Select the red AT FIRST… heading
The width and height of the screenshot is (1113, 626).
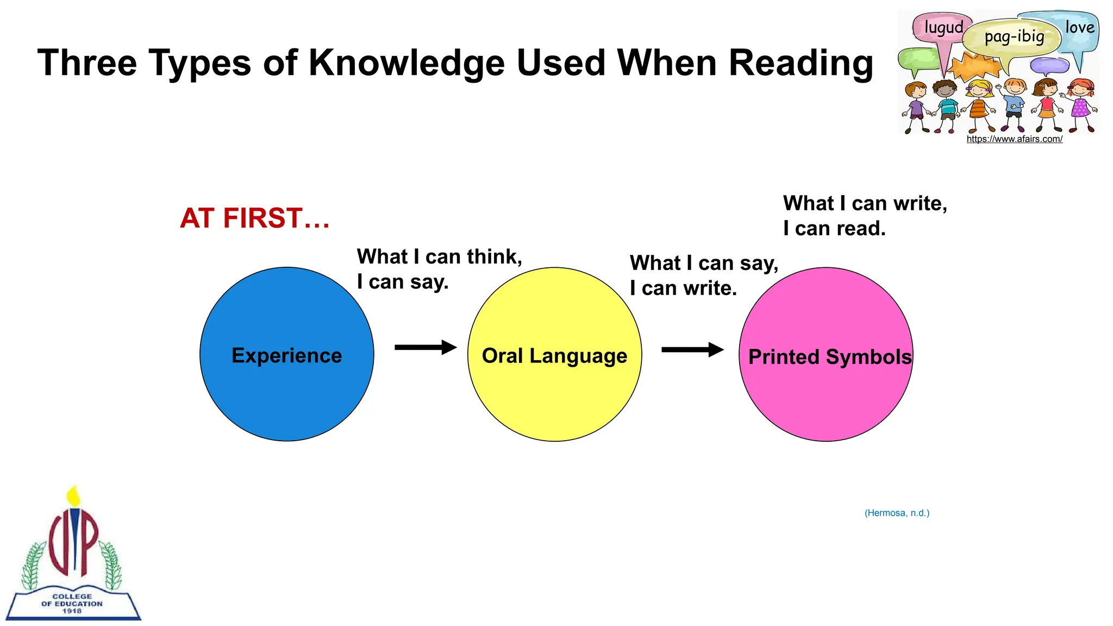tap(254, 218)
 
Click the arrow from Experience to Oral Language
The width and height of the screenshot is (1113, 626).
tap(426, 347)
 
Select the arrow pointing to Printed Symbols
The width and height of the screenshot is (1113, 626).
tap(692, 349)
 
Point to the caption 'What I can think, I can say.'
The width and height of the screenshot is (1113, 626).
tap(439, 269)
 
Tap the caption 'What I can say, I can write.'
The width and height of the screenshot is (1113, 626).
tap(704, 276)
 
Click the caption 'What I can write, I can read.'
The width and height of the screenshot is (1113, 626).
tap(865, 216)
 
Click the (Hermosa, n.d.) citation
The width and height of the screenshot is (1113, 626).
tap(897, 513)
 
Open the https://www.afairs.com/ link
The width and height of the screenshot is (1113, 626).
tap(1014, 139)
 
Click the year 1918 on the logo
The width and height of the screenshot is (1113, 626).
tap(72, 611)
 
